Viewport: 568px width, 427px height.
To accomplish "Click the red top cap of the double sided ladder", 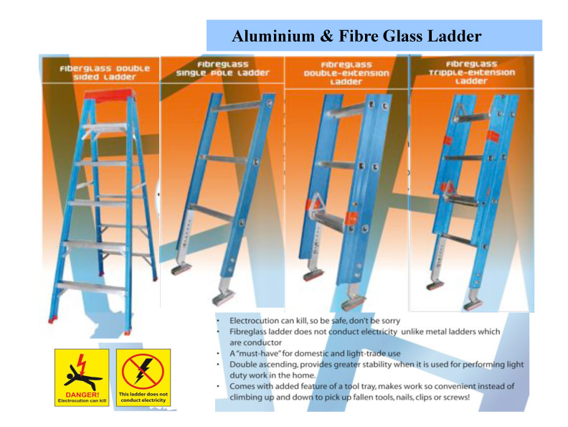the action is click(108, 94).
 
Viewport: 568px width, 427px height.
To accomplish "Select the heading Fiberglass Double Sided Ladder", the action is click(105, 72).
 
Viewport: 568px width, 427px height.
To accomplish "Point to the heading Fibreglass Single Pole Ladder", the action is click(222, 69).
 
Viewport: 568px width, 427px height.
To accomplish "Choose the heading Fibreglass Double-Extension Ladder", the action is click(346, 73).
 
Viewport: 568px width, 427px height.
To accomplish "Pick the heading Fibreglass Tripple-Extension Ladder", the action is click(471, 72).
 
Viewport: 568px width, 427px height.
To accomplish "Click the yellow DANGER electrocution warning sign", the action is click(82, 377).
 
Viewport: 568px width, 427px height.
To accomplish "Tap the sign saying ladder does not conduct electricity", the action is click(143, 377).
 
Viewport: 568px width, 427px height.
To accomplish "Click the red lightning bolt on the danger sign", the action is click(82, 364).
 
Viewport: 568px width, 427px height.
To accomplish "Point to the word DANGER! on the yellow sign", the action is click(82, 395).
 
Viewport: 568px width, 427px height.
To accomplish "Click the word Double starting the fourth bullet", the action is click(241, 365).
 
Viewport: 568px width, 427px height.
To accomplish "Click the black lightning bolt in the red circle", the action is click(143, 370).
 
